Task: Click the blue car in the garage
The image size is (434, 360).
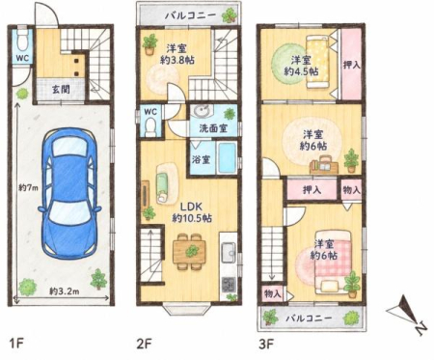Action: [x=69, y=194]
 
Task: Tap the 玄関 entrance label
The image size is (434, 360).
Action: [x=61, y=89]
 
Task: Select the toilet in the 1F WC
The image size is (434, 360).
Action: [x=22, y=41]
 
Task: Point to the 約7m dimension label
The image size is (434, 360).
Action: [x=28, y=188]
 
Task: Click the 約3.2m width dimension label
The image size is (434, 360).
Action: [x=65, y=291]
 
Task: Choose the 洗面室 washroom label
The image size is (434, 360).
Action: [x=213, y=128]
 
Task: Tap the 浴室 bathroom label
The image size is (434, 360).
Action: [x=202, y=159]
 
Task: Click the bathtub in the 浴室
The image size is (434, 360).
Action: [x=228, y=157]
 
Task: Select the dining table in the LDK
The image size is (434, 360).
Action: [x=189, y=251]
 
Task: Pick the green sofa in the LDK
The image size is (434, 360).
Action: [x=162, y=187]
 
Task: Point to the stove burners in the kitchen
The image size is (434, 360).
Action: [x=229, y=285]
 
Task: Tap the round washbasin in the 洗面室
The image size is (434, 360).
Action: [x=202, y=112]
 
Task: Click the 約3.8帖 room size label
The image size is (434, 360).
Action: [x=177, y=60]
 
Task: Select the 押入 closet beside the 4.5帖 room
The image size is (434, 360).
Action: [x=351, y=65]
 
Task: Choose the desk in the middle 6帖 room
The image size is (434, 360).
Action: [x=324, y=165]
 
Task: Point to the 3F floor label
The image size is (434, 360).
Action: [x=266, y=345]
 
